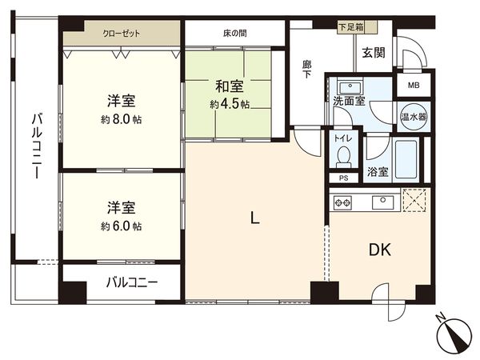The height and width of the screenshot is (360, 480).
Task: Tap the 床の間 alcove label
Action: [x=234, y=34]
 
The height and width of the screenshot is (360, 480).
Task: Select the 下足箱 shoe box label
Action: [x=350, y=27]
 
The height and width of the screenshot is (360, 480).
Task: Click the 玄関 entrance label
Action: [x=374, y=53]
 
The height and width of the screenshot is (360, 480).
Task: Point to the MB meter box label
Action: [x=414, y=85]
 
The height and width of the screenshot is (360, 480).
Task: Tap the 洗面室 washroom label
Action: [x=350, y=101]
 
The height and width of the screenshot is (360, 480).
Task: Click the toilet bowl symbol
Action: [x=344, y=154]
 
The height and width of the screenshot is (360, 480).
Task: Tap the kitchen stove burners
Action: [x=343, y=203]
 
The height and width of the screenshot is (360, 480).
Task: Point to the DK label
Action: [x=380, y=250]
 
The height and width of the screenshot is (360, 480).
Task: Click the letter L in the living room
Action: [x=254, y=217]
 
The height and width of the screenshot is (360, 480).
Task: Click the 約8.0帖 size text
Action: [x=122, y=120]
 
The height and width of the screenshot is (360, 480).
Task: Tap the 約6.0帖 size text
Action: [x=122, y=226]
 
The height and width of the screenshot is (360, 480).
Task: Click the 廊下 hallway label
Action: [x=306, y=68]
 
